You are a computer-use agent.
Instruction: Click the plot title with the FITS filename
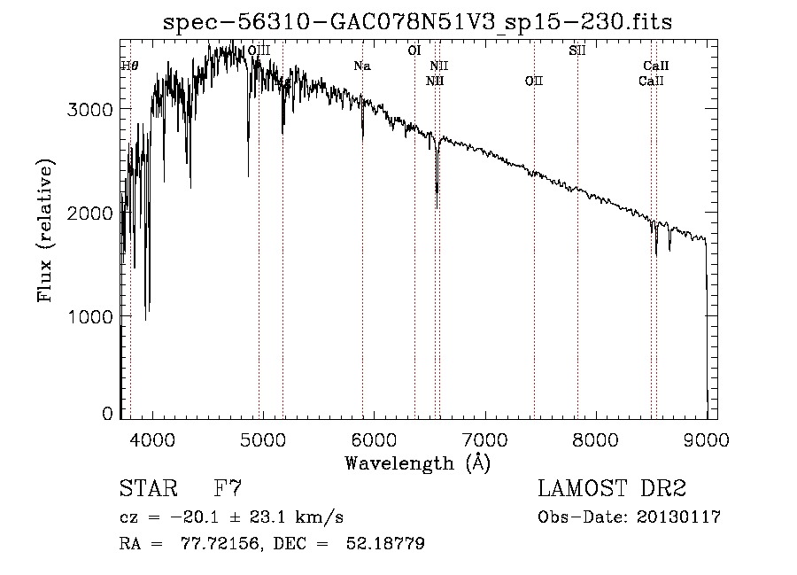click(x=418, y=23)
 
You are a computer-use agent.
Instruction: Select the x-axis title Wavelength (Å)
click(x=417, y=462)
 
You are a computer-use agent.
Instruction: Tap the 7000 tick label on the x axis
click(x=484, y=439)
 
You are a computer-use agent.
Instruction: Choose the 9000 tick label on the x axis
click(x=706, y=439)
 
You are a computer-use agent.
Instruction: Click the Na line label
click(x=362, y=66)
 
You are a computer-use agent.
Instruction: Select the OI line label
click(x=414, y=51)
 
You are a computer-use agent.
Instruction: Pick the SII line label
click(x=576, y=51)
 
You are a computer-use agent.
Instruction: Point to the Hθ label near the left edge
click(x=129, y=66)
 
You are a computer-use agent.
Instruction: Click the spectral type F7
click(x=228, y=489)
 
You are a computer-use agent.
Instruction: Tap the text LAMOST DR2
click(x=612, y=489)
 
